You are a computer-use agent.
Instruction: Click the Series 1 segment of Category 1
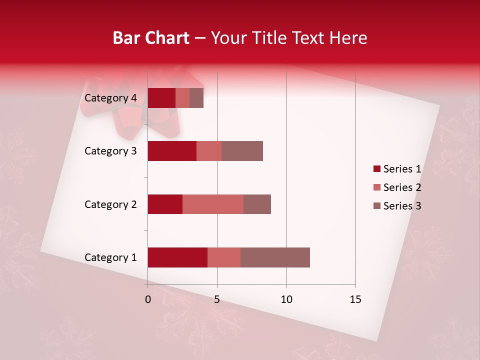coord(177,257)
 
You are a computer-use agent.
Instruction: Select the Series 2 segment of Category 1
coord(224,257)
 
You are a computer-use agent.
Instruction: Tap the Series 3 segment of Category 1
coord(275,257)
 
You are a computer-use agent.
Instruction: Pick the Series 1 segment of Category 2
coord(165,204)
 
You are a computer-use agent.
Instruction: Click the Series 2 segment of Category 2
coord(213,204)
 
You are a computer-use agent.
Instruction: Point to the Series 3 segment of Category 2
coord(257,204)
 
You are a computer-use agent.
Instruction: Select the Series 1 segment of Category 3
coord(172,151)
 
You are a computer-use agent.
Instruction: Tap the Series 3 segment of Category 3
coord(242,151)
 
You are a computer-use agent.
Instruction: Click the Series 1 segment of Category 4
coord(161,98)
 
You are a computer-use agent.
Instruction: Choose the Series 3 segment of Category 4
coord(196,98)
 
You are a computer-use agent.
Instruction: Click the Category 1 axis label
coord(110,257)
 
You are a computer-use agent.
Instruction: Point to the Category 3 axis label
coord(110,151)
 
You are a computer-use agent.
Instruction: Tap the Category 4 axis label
coord(110,98)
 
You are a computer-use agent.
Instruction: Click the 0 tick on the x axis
coord(147,299)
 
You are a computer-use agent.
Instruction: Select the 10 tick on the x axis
coord(286,299)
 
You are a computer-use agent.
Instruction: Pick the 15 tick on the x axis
coord(355,299)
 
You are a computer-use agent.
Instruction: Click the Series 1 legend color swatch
coord(376,169)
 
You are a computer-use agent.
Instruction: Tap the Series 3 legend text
coord(402,206)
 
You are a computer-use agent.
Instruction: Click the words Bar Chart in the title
coord(150,38)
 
